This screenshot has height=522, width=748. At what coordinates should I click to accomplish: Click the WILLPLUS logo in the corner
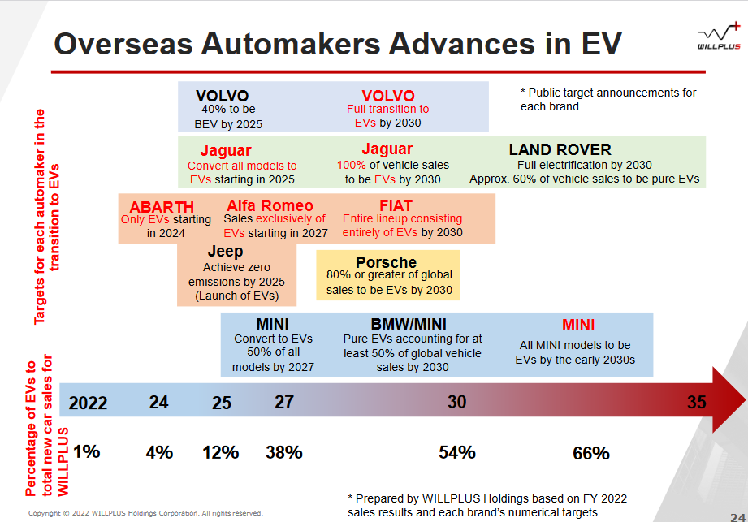(x=719, y=36)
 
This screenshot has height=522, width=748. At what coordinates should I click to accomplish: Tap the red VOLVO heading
(x=388, y=96)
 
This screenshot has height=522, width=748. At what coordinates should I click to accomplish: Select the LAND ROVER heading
(x=560, y=149)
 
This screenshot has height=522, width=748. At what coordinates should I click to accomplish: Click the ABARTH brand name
(x=162, y=207)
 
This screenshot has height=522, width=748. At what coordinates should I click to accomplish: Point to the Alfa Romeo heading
(x=270, y=205)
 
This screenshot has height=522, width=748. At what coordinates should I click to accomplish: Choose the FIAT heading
(x=396, y=205)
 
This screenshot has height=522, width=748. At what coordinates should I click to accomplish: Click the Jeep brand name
(x=225, y=251)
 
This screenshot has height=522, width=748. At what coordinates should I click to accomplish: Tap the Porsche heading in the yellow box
(x=386, y=262)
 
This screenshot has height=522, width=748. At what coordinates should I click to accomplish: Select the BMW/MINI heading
(x=409, y=324)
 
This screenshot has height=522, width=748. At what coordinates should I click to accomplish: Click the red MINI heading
(x=578, y=325)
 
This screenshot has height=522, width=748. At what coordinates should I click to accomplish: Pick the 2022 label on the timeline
(x=88, y=403)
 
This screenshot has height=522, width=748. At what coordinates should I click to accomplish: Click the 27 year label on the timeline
(x=283, y=402)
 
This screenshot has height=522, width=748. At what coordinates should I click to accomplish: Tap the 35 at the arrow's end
(x=697, y=403)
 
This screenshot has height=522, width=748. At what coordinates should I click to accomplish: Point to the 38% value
(x=283, y=452)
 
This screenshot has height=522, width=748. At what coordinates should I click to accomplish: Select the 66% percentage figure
(x=591, y=453)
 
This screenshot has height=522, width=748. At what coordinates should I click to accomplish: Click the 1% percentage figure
(x=87, y=451)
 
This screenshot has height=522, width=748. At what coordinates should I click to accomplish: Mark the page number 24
(x=737, y=517)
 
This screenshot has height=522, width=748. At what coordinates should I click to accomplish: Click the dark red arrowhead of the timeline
(x=728, y=400)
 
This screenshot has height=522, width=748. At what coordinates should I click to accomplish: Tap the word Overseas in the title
(x=123, y=44)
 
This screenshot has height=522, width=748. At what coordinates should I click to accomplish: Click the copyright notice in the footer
(x=145, y=513)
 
